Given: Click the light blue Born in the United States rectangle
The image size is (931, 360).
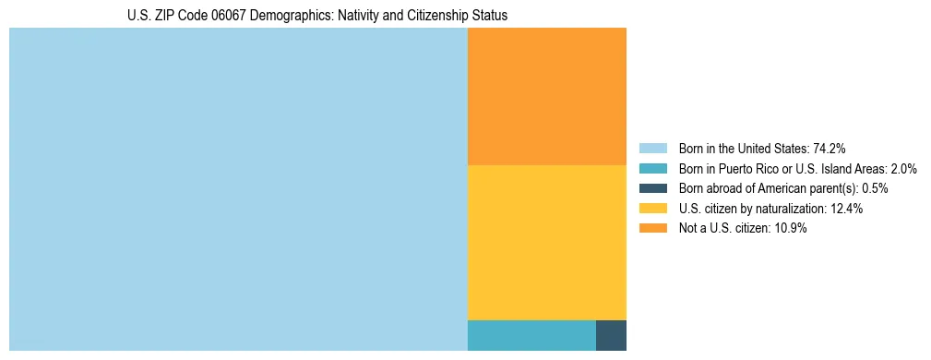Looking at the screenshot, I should click(238, 189).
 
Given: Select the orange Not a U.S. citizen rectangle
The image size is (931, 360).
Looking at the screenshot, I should click(547, 96).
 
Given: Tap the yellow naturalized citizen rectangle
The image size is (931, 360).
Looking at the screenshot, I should click(547, 242).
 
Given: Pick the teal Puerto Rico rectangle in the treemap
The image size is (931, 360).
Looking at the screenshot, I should click(531, 335).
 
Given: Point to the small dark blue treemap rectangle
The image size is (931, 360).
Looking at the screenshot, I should click(611, 335).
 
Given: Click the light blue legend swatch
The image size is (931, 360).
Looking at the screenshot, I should click(652, 149).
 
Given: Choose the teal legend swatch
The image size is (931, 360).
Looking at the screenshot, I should click(652, 169).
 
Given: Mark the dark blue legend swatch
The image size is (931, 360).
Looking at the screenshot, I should click(652, 188).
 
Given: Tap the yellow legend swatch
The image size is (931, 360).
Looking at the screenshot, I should click(652, 209).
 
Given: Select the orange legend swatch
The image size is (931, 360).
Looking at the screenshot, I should click(652, 228).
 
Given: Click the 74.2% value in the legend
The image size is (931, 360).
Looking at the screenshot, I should click(830, 149).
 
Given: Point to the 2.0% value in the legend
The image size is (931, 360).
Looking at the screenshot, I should click(902, 169).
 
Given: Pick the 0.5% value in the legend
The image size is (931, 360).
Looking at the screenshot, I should click(875, 188).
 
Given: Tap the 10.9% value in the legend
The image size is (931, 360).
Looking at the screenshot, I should click(791, 228).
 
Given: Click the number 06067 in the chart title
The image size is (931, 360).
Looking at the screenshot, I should click(224, 16).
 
